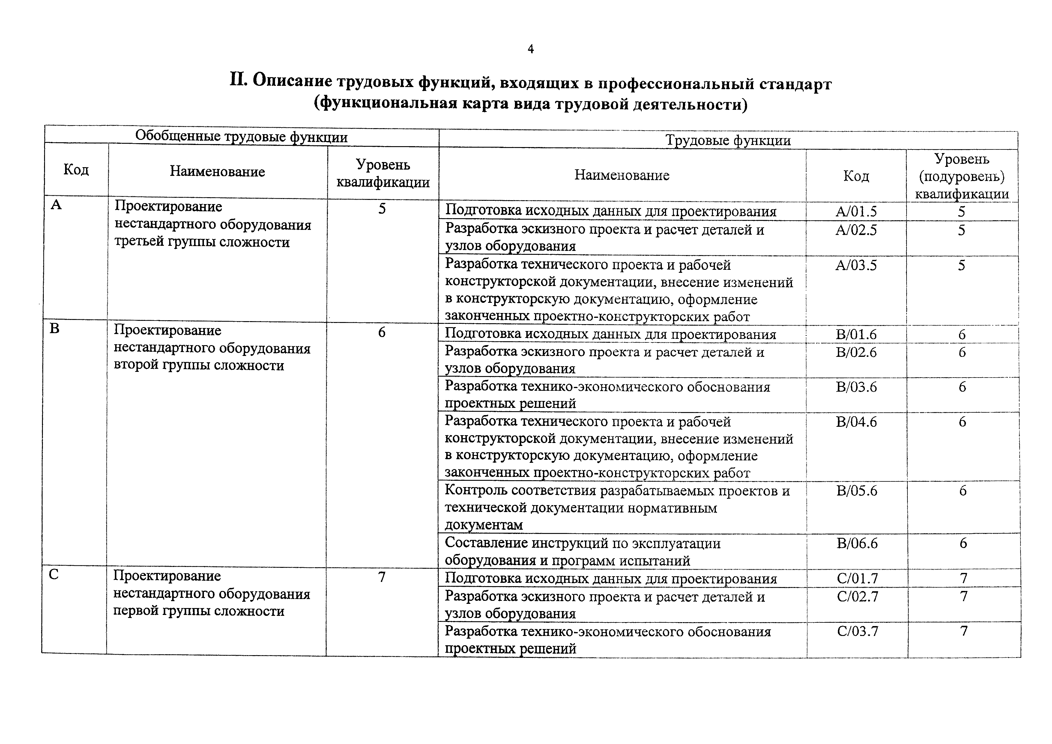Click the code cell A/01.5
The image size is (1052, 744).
856,211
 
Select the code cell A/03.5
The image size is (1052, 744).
856,265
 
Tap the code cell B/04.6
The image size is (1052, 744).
856,422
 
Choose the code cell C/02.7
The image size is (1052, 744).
857,596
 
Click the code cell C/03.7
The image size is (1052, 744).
857,631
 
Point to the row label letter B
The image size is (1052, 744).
55,329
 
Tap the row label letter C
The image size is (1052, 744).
54,574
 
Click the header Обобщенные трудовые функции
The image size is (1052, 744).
241,137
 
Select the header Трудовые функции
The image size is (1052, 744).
728,140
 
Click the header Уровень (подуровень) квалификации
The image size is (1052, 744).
962,176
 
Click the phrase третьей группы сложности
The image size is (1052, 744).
202,242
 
